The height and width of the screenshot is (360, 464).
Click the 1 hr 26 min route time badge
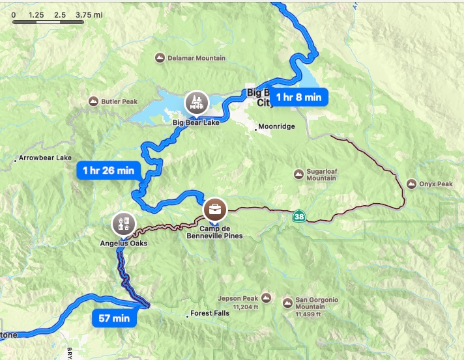click(109, 171)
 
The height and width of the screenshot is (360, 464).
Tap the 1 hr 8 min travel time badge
click(298, 97)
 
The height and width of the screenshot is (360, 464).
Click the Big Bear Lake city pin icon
click(194, 101)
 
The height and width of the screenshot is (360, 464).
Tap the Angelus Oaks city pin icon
click(122, 223)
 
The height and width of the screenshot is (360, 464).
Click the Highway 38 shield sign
click(298, 216)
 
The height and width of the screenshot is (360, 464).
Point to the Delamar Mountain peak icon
click(160, 59)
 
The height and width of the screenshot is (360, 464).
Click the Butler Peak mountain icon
click(94, 102)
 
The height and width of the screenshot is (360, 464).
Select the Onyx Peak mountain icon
click(411, 184)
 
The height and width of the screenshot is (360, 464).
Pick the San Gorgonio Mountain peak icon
click(287, 303)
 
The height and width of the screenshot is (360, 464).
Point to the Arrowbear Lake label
click(45, 158)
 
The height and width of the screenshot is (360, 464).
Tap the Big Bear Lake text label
click(196, 122)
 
